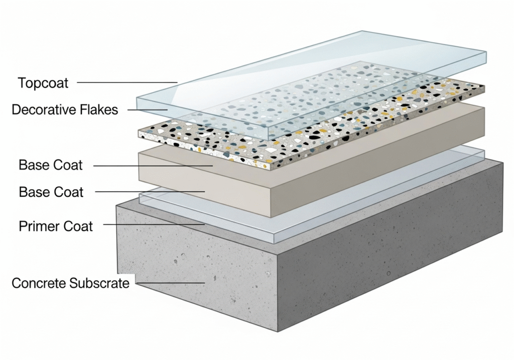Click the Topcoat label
point(43,82)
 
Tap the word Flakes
point(103,109)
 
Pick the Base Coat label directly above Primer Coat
point(51,192)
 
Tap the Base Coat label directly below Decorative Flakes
point(50,165)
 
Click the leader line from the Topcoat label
point(125,82)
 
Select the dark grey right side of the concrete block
point(392,251)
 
